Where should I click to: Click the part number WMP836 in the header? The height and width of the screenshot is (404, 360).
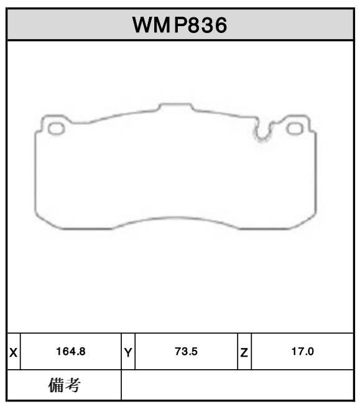179,25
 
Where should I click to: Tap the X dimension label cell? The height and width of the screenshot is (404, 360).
13,352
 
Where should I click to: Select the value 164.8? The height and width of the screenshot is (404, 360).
70,352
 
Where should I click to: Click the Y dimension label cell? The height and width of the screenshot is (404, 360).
127,352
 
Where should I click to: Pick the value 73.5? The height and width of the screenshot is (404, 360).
185,352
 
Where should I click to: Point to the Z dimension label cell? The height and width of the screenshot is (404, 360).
244,352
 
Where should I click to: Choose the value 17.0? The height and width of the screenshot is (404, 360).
302,352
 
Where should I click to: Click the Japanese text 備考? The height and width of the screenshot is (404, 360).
64,386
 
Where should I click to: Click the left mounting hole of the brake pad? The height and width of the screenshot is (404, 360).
57,128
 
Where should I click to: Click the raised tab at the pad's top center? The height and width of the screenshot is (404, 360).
175,107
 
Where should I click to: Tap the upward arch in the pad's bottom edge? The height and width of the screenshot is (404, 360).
175,220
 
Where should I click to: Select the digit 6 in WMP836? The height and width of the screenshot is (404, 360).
218,25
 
